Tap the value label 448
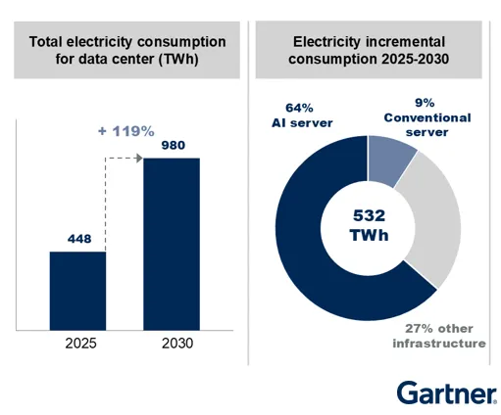coord(78,238)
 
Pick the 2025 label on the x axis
coord(78,345)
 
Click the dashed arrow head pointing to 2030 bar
coord(140,158)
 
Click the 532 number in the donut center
coord(366,215)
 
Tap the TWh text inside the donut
coord(366,238)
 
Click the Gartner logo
coord(446,393)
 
